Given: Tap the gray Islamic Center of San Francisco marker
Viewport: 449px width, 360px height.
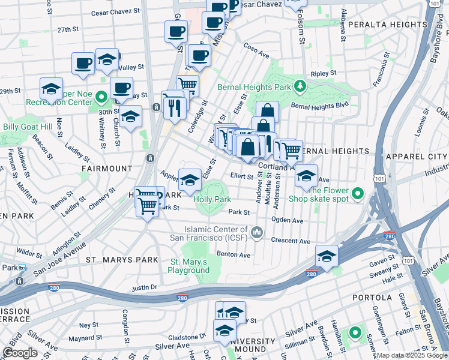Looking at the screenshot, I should click(256, 232).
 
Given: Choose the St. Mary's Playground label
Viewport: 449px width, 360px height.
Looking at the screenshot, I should click(188, 266).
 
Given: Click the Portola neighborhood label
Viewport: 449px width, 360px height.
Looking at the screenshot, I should click(372, 298).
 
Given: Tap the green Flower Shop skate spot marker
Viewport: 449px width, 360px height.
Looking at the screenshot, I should click(358, 193).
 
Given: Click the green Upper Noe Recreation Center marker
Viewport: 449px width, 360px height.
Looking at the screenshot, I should click(101, 96).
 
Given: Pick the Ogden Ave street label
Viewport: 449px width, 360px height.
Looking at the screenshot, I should click(288, 220).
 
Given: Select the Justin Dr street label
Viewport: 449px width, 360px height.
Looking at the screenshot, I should click(144, 287).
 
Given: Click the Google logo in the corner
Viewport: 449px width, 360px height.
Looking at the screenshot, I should click(20, 353).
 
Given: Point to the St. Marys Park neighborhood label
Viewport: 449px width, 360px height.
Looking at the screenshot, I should click(122, 260).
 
